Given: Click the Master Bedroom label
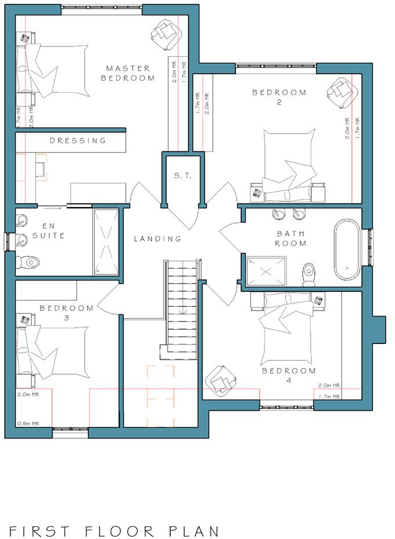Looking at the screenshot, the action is coord(128,73).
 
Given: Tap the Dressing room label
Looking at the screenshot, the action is coord(78,140).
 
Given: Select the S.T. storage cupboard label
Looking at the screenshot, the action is coord(183,176).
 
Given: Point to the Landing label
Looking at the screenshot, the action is coord(157,238).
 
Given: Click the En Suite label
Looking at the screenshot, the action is coord(49,231).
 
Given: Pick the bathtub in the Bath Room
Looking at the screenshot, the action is coord(347,249).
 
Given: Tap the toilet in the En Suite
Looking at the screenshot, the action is coord(27,263).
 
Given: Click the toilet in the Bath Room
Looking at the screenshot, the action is coord(309,274).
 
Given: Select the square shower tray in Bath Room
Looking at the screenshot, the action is coord(266,271).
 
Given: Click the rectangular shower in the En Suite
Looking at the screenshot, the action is coord(106,242).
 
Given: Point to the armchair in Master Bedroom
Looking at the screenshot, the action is coord(166,34).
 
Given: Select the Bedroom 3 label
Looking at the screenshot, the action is coord(67,313).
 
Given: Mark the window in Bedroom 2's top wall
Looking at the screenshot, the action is coord(276,66).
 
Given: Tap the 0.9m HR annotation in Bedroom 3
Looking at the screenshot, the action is coord(28,424).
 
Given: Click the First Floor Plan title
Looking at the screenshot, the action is coord(114,531).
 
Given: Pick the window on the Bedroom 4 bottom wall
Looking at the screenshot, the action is coord(287,407).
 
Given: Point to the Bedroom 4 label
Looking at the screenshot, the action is coord(289,375).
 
